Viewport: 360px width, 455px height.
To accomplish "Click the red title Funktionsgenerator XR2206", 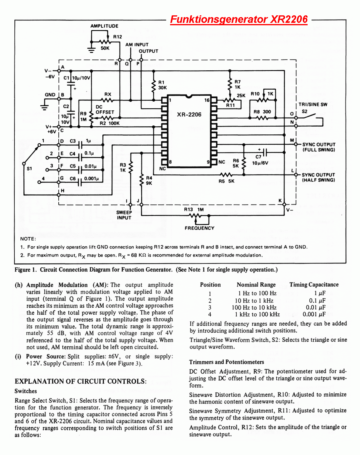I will pos(239,20).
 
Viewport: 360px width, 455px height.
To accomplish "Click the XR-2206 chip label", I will pos(189,115).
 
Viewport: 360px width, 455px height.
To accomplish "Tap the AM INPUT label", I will pos(137,45).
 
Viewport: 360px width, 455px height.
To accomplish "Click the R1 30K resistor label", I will pos(162,85).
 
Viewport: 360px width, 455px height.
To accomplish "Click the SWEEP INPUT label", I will pos(124,215).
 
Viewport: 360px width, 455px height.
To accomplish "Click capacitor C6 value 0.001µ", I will pos(92,178).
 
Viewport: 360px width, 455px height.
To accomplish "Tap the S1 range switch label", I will pos(29,169).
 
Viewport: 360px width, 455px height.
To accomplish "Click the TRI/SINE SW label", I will pos(313,105).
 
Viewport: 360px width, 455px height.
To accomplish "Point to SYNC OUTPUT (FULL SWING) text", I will pos(318,147).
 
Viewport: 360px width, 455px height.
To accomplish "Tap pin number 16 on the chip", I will pos(207,100).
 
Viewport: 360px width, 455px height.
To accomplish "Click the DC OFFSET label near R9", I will pos(104,109).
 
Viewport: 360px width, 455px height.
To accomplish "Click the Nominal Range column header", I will pos(256,284).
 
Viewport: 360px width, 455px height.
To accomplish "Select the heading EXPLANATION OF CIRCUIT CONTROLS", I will pos(81,381).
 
